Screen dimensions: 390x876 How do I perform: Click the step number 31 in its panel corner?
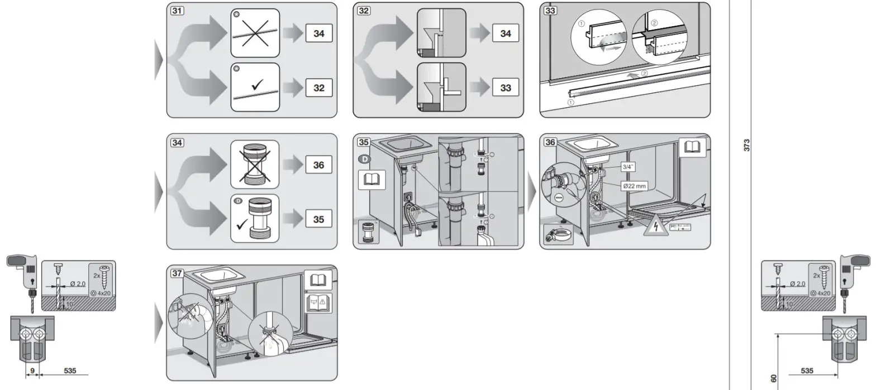tap(177, 11)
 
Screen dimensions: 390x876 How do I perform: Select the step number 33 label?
tap(550, 11)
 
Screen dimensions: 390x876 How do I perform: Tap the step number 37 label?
tap(177, 273)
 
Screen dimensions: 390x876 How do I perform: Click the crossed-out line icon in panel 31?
tap(255, 33)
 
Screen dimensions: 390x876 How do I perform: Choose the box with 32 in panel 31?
tap(318, 88)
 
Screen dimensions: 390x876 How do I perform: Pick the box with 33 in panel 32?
tap(505, 88)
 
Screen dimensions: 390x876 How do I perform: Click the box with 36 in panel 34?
tap(318, 165)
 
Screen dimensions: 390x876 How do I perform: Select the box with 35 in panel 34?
tap(318, 219)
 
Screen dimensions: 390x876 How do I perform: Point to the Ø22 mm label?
tap(634, 186)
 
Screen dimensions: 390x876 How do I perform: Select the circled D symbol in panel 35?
tap(363, 159)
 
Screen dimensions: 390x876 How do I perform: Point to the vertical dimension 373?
tap(746, 145)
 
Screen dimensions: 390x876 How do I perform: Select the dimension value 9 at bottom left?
tap(32, 370)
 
